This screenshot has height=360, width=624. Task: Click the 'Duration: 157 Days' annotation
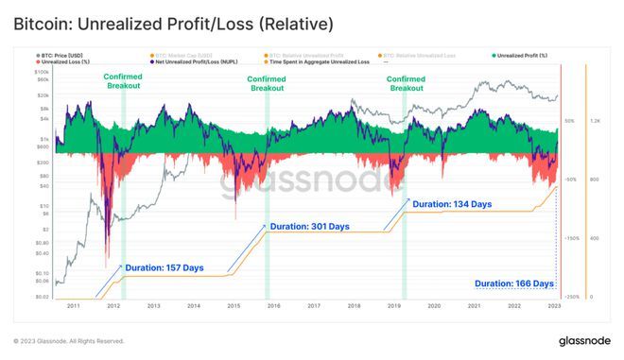pos(165,268)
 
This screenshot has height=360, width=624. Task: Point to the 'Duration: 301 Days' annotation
pos(309,227)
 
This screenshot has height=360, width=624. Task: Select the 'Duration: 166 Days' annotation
pos(513,283)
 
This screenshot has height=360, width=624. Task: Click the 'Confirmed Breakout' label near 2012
pos(124,83)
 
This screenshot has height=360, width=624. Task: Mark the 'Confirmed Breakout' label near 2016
pos(267,83)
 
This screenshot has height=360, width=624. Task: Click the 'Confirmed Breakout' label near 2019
pos(407,83)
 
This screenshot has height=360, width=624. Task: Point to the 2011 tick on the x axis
pos(73,306)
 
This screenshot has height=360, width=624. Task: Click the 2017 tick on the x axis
pos(313,306)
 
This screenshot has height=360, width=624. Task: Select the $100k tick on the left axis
pos(42,71)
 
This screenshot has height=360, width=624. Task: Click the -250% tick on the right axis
pos(570,297)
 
